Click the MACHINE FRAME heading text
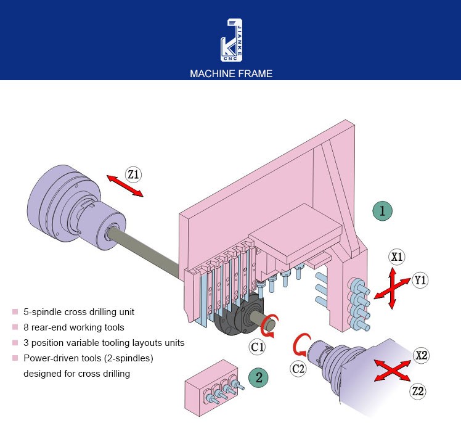230,73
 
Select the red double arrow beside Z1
125,186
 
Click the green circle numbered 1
382,211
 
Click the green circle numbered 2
258,377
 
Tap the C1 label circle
258,347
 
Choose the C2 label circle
298,369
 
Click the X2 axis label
422,355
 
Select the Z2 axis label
418,391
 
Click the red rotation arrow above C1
271,323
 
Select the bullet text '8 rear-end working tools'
73,327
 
